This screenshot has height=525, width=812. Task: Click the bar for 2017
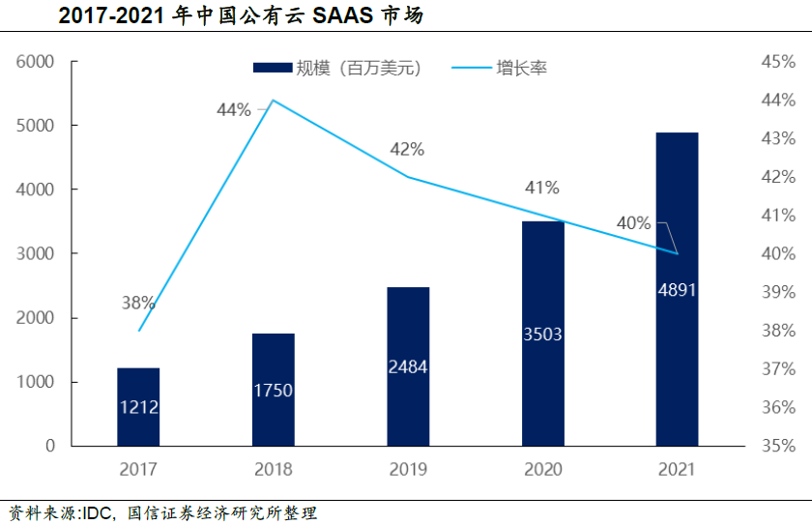tap(138, 407)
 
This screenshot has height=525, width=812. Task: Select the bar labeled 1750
tap(273, 390)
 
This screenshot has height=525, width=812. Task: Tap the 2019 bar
tap(408, 366)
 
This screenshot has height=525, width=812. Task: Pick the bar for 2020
tap(542, 334)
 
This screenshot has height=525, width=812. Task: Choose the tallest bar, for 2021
tap(677, 289)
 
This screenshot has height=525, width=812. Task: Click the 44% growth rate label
tap(233, 110)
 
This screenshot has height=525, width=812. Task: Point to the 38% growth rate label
tap(138, 303)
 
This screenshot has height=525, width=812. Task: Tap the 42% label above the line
tap(407, 149)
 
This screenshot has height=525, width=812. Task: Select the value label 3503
tap(542, 335)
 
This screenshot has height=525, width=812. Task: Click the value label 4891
tap(677, 289)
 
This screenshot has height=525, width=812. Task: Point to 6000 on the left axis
tap(36, 62)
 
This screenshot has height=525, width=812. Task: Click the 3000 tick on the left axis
tap(36, 253)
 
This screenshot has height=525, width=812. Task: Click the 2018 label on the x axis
tap(274, 470)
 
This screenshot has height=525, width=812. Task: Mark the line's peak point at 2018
tap(274, 101)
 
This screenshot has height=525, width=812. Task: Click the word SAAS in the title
tap(345, 16)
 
